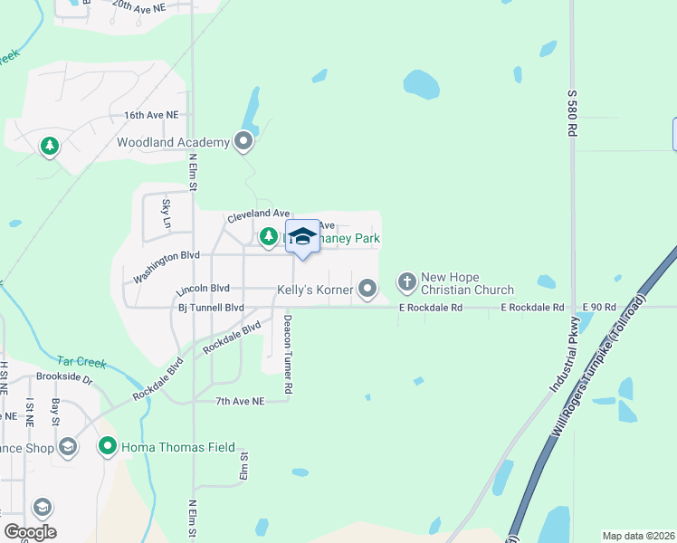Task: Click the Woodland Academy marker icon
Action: click(x=243, y=141)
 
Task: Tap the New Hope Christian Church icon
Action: click(x=407, y=282)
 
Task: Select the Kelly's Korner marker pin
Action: click(x=367, y=289)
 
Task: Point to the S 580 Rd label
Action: click(x=572, y=112)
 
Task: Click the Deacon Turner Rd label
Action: click(x=288, y=354)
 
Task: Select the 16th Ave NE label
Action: click(x=152, y=116)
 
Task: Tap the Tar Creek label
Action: click(x=81, y=362)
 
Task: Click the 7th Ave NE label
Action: click(x=240, y=401)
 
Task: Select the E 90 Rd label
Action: click(x=599, y=308)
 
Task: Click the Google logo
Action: click(x=30, y=532)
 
